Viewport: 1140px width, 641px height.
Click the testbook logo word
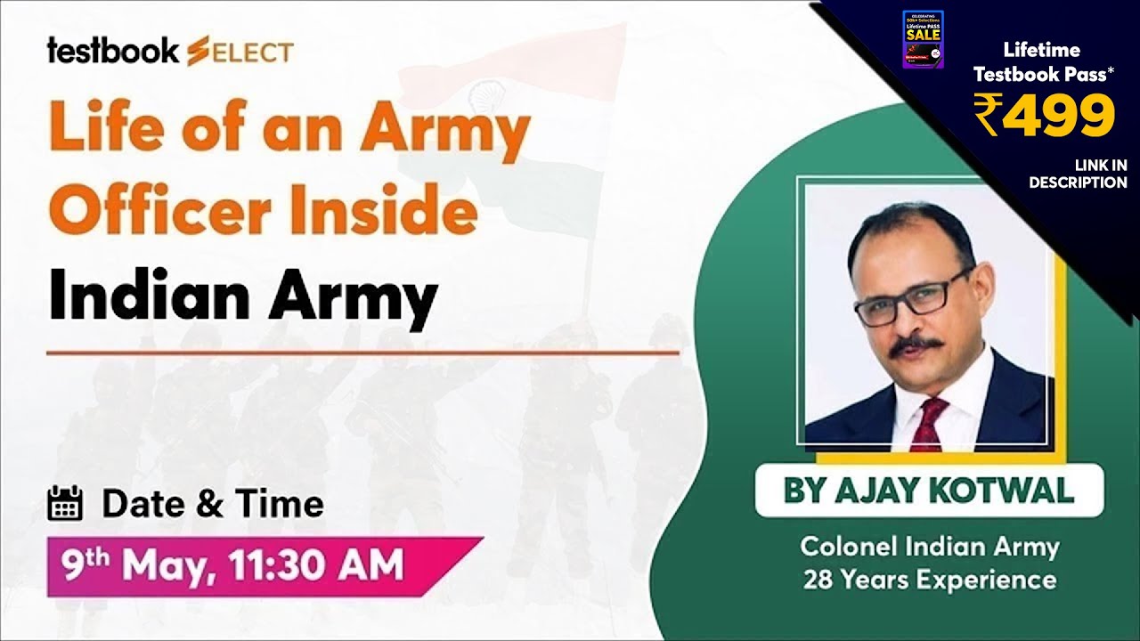click(x=113, y=52)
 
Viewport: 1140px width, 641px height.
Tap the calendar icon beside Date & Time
click(x=64, y=504)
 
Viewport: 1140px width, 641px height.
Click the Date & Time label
click(x=212, y=504)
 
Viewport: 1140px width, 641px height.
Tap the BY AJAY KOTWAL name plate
click(x=928, y=491)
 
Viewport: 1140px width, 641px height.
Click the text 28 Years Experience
click(x=929, y=580)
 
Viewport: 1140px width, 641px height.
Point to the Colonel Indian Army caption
click(x=929, y=546)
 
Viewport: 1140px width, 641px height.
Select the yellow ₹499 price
click(x=1043, y=115)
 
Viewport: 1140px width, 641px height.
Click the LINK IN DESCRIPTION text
click(x=1079, y=174)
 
